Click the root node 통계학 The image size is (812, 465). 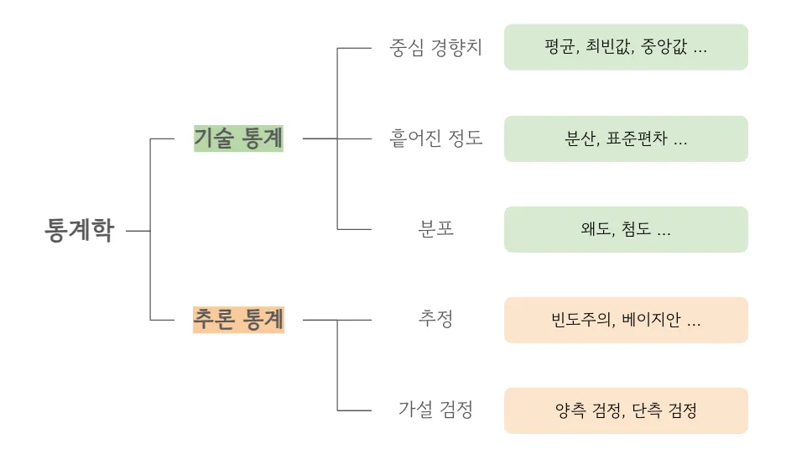[x=79, y=230]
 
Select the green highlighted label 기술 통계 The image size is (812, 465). [x=238, y=138]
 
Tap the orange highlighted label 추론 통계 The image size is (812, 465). [x=238, y=320]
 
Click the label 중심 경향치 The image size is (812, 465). [x=435, y=47]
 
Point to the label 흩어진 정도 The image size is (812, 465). [x=436, y=138]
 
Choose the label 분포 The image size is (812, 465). [x=436, y=228]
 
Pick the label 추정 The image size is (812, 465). [x=436, y=319]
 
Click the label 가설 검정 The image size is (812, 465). [x=436, y=410]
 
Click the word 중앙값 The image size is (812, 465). [x=664, y=47]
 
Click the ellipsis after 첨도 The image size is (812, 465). [x=664, y=231]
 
